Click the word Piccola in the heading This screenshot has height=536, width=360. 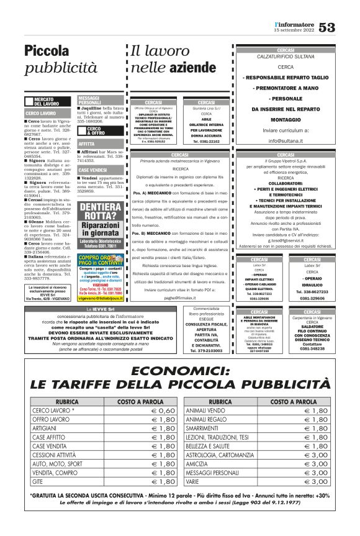coord(47,51)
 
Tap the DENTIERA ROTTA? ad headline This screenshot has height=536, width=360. coord(101,211)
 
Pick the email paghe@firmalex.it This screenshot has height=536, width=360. coord(180,298)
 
